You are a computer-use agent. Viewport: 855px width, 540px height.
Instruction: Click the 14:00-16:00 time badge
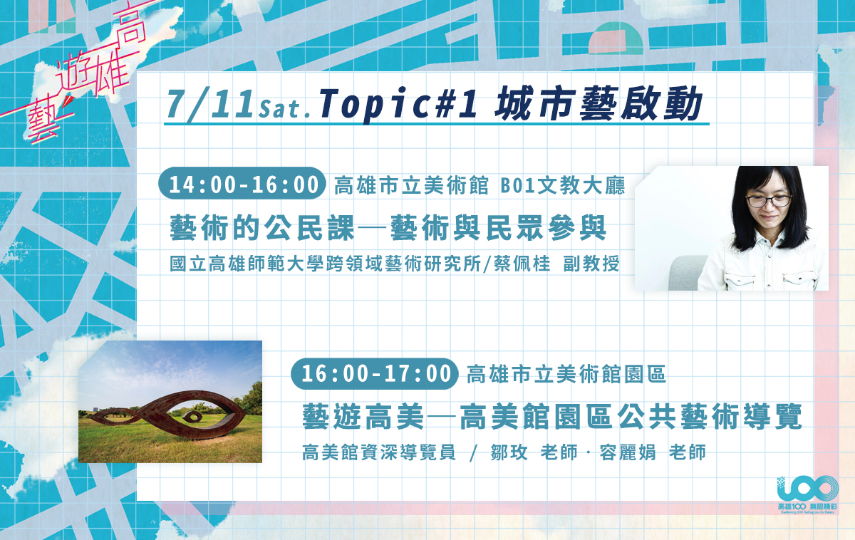click(242, 184)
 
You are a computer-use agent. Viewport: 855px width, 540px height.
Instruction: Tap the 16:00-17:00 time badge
click(375, 373)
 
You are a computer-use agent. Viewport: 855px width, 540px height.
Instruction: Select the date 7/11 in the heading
click(210, 104)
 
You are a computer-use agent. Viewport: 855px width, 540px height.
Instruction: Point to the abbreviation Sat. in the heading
click(285, 109)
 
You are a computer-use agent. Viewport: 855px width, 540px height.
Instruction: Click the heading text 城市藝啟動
click(598, 103)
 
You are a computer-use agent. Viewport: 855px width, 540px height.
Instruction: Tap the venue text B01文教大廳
click(562, 186)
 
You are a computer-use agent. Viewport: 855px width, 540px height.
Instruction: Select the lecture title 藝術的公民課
click(262, 228)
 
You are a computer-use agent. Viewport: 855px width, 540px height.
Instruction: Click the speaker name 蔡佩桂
click(522, 264)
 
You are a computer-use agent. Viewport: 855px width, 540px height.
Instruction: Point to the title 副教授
click(591, 264)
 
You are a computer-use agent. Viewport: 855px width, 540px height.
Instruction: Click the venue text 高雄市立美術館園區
click(566, 374)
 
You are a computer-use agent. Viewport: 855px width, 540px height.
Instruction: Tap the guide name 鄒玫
click(509, 452)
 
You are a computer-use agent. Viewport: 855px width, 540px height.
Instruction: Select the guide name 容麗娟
click(628, 452)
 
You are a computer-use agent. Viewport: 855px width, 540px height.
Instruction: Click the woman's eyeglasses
click(769, 200)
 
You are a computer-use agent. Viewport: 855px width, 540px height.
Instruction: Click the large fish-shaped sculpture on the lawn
click(169, 415)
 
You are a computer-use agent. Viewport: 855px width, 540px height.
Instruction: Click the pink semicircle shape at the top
click(616, 38)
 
